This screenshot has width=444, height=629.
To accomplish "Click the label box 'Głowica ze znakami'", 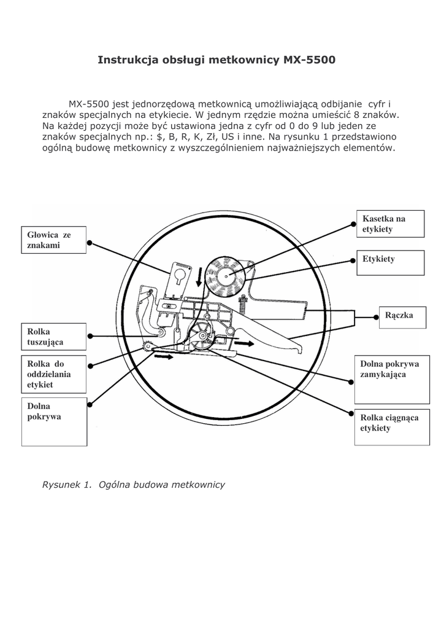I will point(55,240).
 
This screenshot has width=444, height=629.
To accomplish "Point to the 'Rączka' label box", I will point(402,316).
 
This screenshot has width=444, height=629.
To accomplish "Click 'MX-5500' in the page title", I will point(309,60).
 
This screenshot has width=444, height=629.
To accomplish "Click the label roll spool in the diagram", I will point(224,276).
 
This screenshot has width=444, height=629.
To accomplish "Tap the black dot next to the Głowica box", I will point(90,243).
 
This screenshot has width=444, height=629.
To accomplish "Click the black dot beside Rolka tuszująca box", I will point(90,336).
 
